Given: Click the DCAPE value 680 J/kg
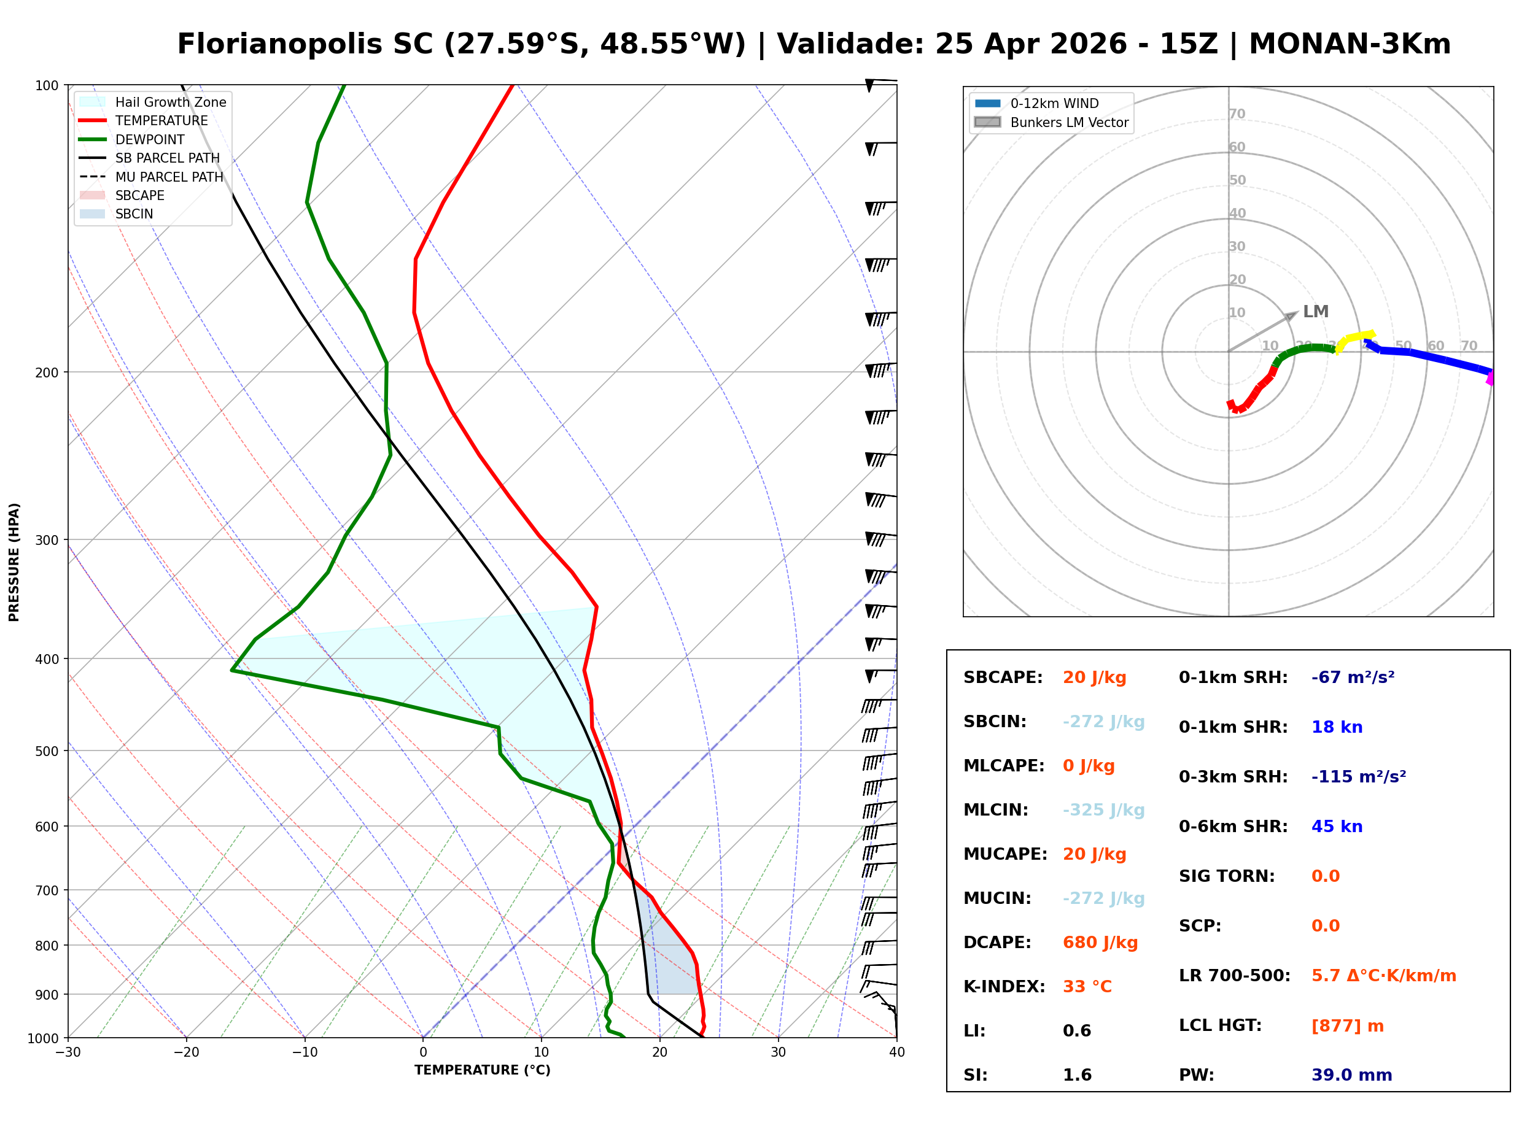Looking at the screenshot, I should [1100, 943].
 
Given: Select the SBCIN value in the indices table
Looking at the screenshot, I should [1103, 722].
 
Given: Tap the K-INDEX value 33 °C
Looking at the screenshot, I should [1087, 987].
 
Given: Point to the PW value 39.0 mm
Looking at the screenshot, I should [1351, 1075].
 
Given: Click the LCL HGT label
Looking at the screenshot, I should [1220, 1026].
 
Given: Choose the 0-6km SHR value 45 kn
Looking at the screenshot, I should [1336, 827].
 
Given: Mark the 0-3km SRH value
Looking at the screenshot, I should [1358, 777].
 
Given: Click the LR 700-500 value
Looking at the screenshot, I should [1383, 976].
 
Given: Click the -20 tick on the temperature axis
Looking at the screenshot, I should [185, 1053].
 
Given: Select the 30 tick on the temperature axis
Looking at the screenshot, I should [778, 1053].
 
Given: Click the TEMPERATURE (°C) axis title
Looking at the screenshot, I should [482, 1071].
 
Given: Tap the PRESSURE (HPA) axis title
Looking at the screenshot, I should [14, 562].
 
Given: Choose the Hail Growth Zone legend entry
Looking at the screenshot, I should [170, 102].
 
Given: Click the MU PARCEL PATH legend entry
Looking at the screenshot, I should [169, 177].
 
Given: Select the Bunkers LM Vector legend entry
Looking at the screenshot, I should [1068, 122].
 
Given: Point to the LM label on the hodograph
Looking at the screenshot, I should [1315, 312].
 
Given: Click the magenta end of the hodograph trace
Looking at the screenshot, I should [1490, 379].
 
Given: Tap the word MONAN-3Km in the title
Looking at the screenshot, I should [1350, 44].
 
